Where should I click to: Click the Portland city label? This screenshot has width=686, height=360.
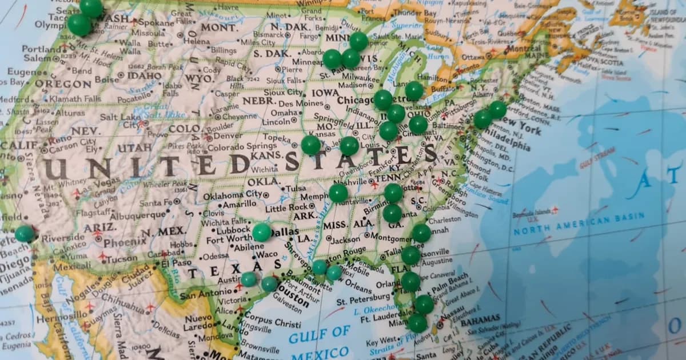[x=41, y=49]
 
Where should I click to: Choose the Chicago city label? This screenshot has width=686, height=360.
[x=355, y=101]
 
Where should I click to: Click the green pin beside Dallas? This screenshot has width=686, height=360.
[x=262, y=232]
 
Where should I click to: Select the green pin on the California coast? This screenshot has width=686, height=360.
[x=25, y=233]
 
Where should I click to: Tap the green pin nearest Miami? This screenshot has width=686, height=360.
[x=417, y=323]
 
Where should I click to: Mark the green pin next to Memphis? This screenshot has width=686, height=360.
[x=338, y=193]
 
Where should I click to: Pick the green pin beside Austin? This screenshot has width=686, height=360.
[x=249, y=279]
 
